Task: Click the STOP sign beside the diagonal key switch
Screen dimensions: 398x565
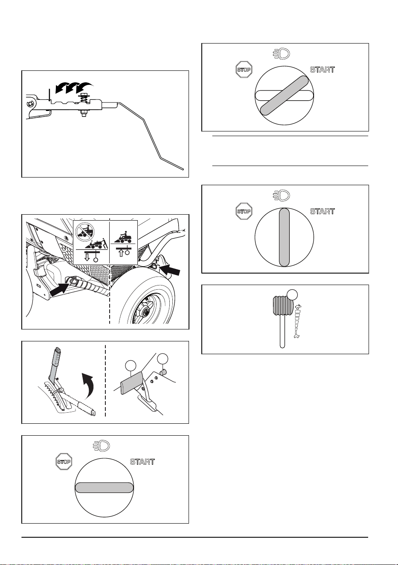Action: click(244, 70)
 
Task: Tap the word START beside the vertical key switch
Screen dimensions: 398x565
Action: click(322, 211)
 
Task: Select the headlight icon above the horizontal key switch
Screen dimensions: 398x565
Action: click(102, 446)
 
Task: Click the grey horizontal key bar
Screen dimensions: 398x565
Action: click(104, 487)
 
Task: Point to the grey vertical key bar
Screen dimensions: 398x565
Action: click(284, 237)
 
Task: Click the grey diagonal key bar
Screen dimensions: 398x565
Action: click(284, 96)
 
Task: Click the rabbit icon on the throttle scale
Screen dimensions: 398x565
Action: click(298, 307)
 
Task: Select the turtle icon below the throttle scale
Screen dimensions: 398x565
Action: click(297, 336)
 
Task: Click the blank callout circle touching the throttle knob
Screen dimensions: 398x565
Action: click(292, 294)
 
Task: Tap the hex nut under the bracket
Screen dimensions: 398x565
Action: click(83, 114)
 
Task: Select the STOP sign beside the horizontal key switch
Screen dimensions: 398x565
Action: click(64, 462)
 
